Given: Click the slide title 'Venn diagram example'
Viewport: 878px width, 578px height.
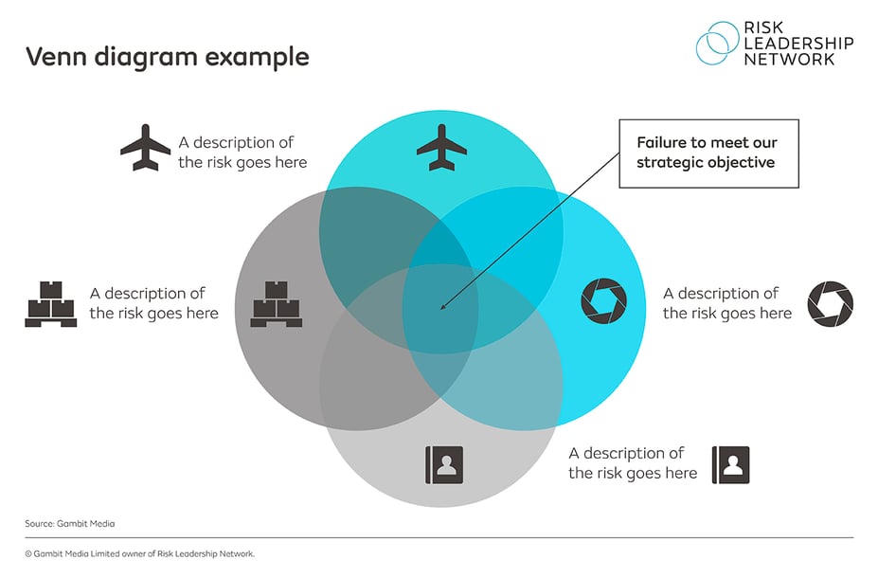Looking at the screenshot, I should click(x=167, y=56).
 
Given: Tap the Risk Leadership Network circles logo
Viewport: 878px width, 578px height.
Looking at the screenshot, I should click(x=718, y=43).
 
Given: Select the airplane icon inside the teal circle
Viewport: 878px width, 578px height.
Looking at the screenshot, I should click(x=442, y=147).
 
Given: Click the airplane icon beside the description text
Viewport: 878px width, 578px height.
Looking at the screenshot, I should click(x=145, y=147).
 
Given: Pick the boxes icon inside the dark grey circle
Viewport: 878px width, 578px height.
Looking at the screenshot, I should click(x=277, y=303).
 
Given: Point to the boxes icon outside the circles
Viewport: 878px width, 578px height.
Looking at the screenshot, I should click(x=50, y=303).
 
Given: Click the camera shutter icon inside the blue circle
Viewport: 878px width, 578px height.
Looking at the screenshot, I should click(x=603, y=301).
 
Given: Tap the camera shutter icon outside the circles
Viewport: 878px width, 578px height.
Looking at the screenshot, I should click(x=830, y=303).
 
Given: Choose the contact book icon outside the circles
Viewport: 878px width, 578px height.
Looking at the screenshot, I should click(x=730, y=464).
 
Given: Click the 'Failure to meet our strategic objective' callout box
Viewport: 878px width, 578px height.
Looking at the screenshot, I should click(x=708, y=152).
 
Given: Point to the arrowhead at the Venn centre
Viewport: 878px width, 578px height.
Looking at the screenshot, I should click(x=443, y=307).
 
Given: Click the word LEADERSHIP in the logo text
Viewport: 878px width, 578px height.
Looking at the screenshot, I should click(x=798, y=43).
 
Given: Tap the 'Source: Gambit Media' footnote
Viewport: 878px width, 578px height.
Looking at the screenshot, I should click(x=70, y=523).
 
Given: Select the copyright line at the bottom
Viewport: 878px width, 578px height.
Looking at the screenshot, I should click(x=140, y=553).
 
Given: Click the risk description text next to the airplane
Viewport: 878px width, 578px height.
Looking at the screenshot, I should click(x=242, y=152).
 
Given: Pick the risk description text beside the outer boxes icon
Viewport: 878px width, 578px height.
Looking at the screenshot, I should click(x=153, y=303).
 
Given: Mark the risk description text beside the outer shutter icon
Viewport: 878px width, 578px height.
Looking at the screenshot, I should click(x=726, y=303).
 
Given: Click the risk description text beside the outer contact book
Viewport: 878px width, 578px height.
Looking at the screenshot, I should click(x=633, y=463).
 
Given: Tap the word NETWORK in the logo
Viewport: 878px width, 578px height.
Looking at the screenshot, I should click(x=789, y=59).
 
